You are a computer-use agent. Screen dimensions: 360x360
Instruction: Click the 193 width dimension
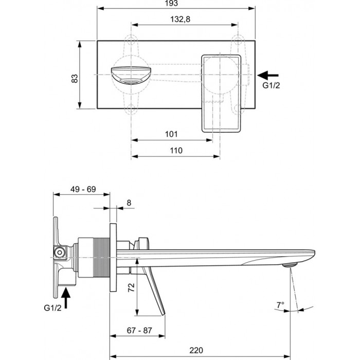171,3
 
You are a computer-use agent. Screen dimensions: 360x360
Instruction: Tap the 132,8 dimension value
180,20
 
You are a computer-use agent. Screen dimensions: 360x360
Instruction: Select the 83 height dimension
75,79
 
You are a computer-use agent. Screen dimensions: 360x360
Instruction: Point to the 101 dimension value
171,134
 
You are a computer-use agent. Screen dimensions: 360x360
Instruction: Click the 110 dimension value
176,151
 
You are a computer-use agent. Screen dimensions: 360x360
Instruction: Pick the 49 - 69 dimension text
83,189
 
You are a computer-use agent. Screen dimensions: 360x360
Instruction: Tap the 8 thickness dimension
129,203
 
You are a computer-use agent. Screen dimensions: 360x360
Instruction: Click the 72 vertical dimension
131,287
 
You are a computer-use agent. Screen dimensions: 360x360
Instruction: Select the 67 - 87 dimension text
139,330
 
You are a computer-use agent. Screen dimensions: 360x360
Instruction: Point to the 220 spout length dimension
196,350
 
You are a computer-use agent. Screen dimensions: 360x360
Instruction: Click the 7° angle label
280,305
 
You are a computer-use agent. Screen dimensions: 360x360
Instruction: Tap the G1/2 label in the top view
271,85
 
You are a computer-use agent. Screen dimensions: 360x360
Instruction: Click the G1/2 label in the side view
52,308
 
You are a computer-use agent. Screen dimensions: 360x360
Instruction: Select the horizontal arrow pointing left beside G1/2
268,75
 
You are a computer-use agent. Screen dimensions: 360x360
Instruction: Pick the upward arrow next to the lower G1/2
66,298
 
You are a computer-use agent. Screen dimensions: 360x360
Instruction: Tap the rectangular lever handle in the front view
221,94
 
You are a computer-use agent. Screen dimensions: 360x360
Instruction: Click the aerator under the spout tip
290,265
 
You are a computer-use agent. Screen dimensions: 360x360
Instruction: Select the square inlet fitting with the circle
60,253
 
